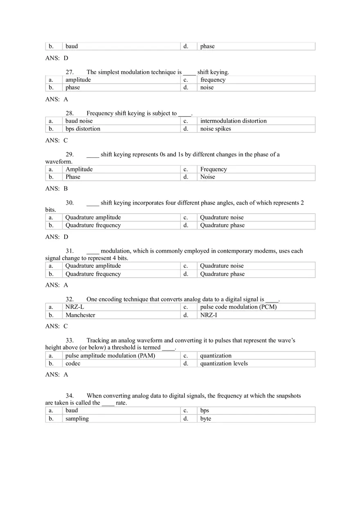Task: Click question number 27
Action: [x=70, y=72]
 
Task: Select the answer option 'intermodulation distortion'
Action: [x=233, y=121]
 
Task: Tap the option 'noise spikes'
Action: [x=215, y=128]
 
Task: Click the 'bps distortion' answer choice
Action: [x=83, y=128]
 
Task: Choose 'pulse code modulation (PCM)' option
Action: [x=238, y=307]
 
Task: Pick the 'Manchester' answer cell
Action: [x=80, y=315]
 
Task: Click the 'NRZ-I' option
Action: [x=209, y=315]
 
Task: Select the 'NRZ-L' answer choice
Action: [x=75, y=307]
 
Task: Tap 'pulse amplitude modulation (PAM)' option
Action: [x=110, y=355]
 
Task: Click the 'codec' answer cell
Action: [x=73, y=363]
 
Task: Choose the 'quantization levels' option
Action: [x=224, y=363]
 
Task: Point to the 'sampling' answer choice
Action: [x=77, y=418]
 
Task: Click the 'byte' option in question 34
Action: [x=206, y=418]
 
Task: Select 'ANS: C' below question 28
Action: [x=56, y=140]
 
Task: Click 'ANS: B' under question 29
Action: [x=56, y=189]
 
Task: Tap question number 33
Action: [x=70, y=340]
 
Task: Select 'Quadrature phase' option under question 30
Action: [x=222, y=225]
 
